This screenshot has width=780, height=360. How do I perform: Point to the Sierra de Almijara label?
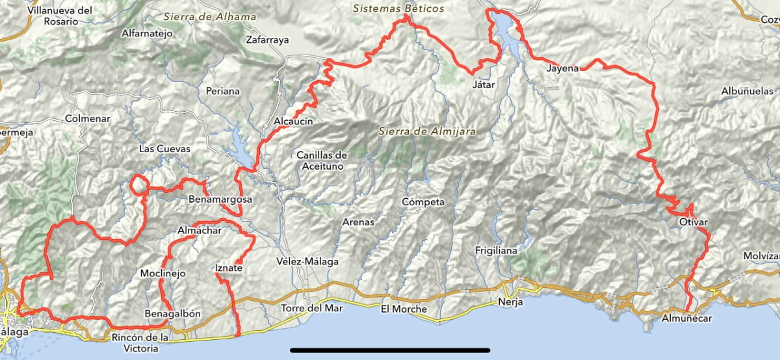click(428, 131)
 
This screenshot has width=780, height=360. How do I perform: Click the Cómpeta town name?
click(423, 201)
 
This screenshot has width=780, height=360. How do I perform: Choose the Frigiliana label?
click(496, 250)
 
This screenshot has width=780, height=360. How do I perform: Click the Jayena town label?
click(562, 68)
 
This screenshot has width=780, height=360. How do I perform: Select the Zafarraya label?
click(267, 40)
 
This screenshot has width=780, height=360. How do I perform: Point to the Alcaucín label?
click(294, 122)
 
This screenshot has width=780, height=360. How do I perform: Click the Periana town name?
click(222, 91)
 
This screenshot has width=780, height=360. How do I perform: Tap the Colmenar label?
click(88, 119)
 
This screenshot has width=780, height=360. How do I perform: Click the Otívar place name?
click(693, 222)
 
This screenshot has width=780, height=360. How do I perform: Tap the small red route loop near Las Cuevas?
click(138, 185)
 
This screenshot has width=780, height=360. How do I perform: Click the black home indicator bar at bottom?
click(390, 352)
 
